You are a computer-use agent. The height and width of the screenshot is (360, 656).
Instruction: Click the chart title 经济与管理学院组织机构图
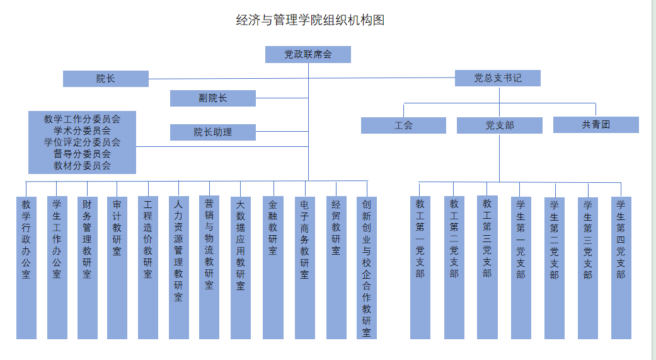click(310, 20)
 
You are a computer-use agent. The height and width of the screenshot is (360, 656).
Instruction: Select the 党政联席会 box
click(308, 55)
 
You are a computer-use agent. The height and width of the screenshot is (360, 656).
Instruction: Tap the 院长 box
click(106, 79)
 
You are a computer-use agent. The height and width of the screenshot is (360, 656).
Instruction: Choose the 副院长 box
click(213, 98)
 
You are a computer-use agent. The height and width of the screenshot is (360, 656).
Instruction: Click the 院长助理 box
click(213, 132)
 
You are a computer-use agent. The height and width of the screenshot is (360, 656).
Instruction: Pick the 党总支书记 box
click(498, 78)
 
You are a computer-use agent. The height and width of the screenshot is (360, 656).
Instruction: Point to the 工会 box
click(403, 125)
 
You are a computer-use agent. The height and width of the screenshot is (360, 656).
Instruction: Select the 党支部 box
click(500, 125)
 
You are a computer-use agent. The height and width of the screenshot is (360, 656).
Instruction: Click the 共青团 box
click(596, 125)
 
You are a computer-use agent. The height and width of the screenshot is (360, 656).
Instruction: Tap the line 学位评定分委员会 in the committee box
click(82, 142)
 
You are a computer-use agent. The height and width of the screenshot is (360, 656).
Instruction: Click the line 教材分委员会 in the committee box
click(82, 166)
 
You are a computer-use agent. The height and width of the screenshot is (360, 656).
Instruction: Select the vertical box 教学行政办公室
click(26, 268)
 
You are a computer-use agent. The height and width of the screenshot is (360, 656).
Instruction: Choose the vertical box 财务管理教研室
click(87, 268)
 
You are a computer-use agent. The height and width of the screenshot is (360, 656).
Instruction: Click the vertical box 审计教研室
click(117, 268)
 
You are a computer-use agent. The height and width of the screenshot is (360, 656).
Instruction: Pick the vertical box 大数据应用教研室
click(241, 268)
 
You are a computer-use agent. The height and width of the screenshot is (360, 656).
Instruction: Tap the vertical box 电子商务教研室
click(305, 268)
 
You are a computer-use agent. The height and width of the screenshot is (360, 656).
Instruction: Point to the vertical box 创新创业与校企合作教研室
click(367, 268)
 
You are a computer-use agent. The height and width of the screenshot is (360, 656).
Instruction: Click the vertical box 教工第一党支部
click(420, 268)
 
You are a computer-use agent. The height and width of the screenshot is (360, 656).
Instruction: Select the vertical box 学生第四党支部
click(621, 268)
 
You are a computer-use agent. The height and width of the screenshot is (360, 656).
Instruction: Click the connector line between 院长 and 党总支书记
click(302, 79)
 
